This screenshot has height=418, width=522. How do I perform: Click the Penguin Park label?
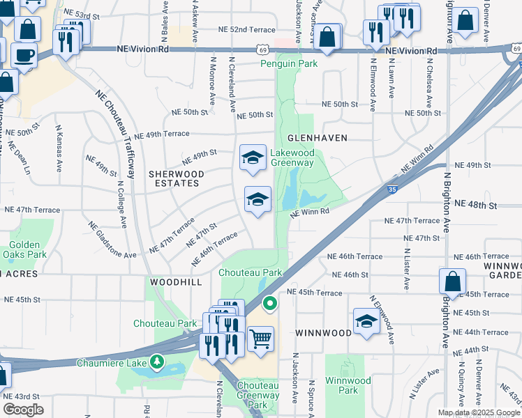coord(289,63)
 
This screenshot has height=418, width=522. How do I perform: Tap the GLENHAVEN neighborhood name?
coord(315,138)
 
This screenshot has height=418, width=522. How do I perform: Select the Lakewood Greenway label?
coord(292,157)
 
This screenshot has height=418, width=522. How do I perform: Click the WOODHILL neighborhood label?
coord(175,282)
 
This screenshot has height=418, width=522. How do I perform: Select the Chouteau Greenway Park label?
coord(258,394)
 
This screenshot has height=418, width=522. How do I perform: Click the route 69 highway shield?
coord(262,49)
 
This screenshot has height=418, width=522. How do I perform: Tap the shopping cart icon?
coord(260,339)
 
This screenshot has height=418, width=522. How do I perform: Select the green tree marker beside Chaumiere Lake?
coord(158,362)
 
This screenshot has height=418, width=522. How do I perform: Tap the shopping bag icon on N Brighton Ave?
coord(452,281)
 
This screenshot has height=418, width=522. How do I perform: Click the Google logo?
coord(23,410)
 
